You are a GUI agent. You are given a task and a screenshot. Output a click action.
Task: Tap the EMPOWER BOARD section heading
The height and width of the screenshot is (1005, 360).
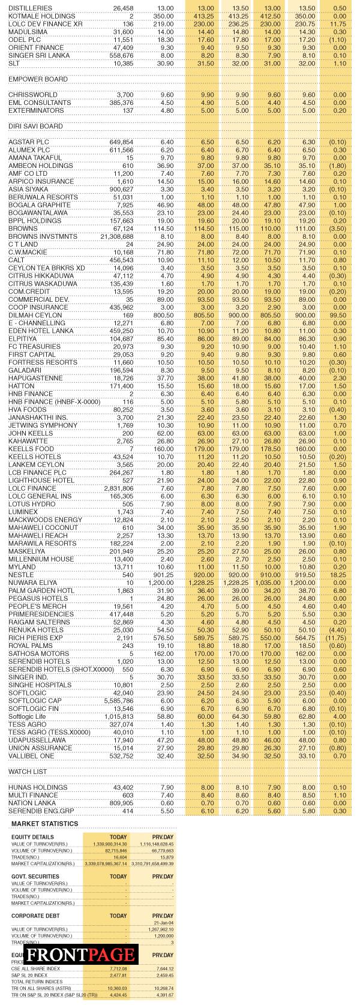38,79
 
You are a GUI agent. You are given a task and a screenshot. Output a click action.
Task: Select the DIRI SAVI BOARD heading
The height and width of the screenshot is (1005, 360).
35,127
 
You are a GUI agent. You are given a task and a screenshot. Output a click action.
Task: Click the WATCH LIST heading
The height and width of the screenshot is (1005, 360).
28,771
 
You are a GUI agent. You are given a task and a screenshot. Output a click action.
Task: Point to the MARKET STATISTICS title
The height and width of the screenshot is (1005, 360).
44,824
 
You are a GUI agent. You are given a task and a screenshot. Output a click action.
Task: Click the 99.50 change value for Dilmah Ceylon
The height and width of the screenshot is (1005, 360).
339,315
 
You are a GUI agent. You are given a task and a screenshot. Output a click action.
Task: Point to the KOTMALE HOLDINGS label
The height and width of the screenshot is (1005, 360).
42,16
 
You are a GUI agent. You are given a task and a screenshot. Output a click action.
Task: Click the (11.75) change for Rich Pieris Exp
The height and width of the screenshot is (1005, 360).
337,638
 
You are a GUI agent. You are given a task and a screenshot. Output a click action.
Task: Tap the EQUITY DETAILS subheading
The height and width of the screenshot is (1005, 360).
32,837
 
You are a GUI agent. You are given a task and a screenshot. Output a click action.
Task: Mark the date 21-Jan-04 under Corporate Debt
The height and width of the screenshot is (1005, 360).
163,923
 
